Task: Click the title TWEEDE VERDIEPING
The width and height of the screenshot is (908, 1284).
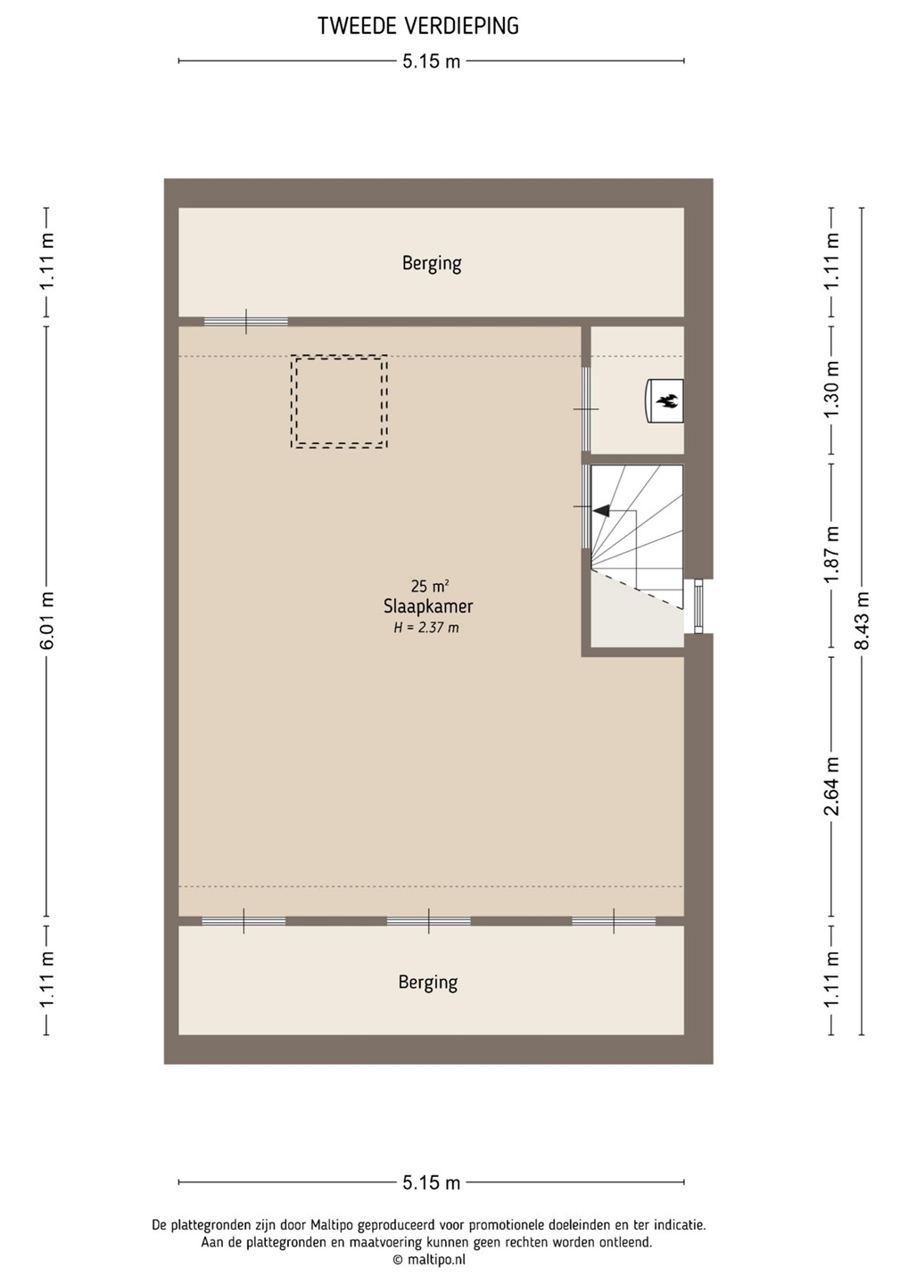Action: click(418, 27)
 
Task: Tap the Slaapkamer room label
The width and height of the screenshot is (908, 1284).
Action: click(428, 606)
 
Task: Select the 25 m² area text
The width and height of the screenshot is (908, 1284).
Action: click(429, 586)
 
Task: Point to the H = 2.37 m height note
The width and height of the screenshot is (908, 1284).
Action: click(426, 628)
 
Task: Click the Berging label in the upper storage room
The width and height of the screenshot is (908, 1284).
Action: click(432, 264)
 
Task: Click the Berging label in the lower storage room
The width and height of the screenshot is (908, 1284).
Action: click(428, 983)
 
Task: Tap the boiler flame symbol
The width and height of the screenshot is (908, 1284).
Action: click(666, 400)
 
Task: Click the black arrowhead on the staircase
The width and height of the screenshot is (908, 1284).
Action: click(600, 510)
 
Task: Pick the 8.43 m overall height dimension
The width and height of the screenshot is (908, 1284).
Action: click(862, 621)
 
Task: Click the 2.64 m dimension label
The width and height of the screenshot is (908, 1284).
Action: click(832, 786)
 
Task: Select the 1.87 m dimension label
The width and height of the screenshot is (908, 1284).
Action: click(832, 555)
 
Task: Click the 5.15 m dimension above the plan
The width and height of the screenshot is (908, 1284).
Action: click(431, 61)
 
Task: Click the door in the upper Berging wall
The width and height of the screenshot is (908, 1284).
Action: click(246, 322)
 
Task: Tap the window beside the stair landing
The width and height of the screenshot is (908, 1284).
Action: click(698, 606)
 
